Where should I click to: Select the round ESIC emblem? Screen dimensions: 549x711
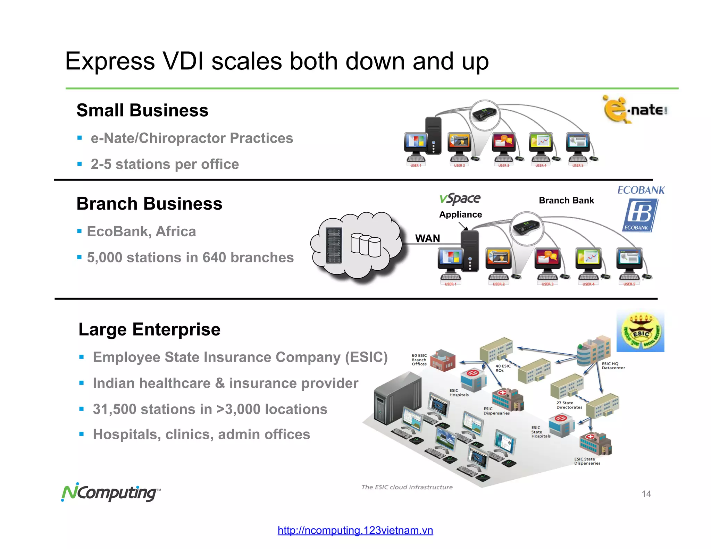[x=641, y=331]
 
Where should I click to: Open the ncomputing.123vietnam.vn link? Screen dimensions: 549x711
[x=355, y=530]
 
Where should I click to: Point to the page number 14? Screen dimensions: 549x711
[x=646, y=494]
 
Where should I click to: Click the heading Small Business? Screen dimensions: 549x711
[x=142, y=110]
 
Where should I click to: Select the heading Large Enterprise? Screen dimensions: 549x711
[x=149, y=329]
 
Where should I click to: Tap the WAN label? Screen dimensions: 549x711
[x=427, y=238]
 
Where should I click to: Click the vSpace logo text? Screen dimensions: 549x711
[x=460, y=199]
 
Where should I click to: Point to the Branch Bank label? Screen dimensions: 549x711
[x=566, y=201]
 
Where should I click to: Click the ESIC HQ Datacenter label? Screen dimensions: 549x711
[x=613, y=366]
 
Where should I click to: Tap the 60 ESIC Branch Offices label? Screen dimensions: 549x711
[x=419, y=360]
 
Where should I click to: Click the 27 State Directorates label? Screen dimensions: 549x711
[x=569, y=405]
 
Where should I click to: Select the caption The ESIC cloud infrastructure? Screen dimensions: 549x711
[x=407, y=487]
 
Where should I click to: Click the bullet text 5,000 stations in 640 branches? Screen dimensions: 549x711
[x=190, y=257]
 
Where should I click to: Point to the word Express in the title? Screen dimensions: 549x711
[x=110, y=61]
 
